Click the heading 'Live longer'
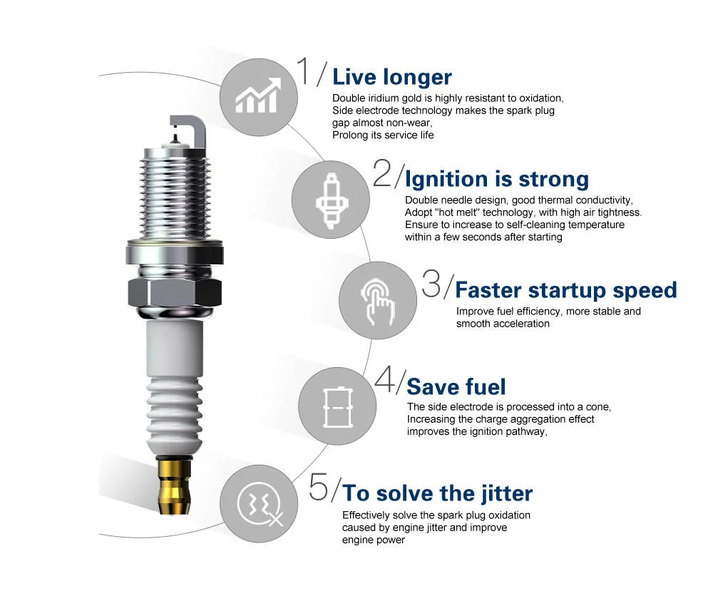coord(391,77)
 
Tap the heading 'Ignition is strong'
coord(496,178)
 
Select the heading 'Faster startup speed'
coord(565,290)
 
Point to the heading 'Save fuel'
coord(456,387)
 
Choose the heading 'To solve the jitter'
coord(437,493)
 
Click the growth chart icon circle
coord(258,96)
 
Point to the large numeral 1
coord(304,72)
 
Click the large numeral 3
coord(431,284)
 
